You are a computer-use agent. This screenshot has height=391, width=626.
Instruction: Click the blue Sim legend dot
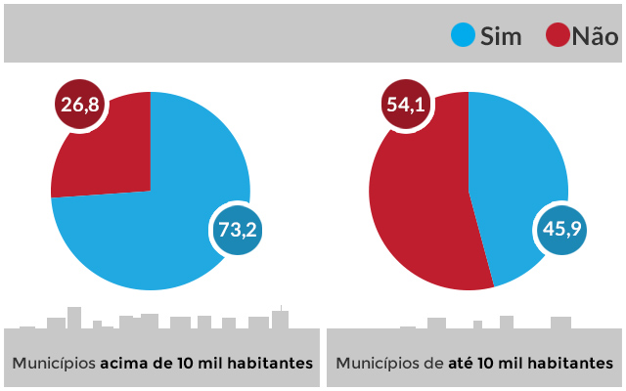pyautogui.click(x=463, y=36)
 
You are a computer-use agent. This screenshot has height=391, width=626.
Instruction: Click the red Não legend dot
pyautogui.click(x=558, y=36)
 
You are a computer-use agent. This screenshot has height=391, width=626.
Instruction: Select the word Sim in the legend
pyautogui.click(x=501, y=37)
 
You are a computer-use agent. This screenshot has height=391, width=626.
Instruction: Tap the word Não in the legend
pyautogui.click(x=595, y=37)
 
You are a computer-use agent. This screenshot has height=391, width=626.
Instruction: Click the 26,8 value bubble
pyautogui.click(x=79, y=105)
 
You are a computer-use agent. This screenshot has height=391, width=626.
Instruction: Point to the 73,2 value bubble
pyautogui.click(x=238, y=231)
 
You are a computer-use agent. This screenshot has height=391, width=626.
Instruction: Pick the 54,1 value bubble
pyautogui.click(x=404, y=105)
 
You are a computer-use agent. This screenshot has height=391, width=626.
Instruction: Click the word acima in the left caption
pyautogui.click(x=124, y=363)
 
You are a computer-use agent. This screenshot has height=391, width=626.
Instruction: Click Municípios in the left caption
pyautogui.click(x=54, y=363)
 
